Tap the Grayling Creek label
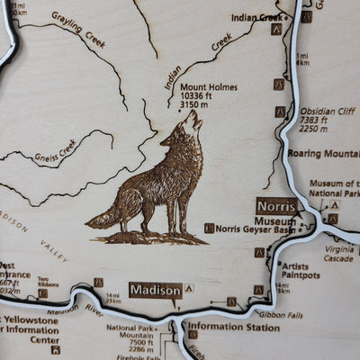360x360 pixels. pos(79,29)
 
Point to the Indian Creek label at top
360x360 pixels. pos(256,17)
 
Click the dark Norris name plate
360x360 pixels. pos(276,204)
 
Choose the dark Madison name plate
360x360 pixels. pos(155,290)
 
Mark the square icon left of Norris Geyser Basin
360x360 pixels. pos(209,229)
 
